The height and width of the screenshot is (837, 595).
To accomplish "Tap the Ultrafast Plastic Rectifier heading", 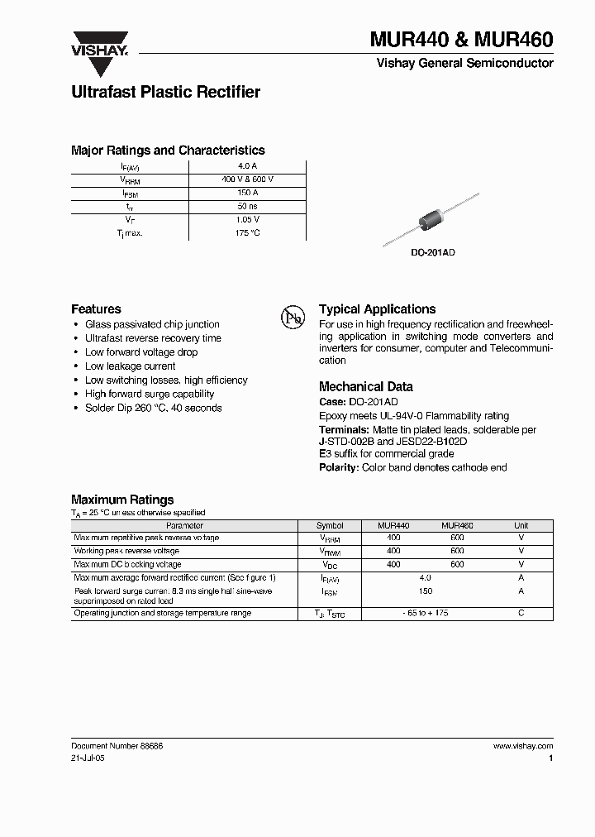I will pos(165,92).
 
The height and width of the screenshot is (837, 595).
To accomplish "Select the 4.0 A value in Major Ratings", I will pos(248,165).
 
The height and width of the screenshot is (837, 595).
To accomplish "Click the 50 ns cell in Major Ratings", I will pos(248,206).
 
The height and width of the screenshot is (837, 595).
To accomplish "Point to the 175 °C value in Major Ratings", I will pos(248,233).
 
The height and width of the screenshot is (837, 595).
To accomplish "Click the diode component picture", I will pos(431,219).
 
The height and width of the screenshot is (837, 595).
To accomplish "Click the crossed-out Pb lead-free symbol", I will pos(293,318).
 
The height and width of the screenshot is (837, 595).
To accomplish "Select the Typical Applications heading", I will pos(377,308).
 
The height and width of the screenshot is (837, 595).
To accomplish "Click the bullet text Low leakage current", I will pos(131,366).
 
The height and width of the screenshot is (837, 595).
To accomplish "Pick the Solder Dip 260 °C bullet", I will pos(153,408).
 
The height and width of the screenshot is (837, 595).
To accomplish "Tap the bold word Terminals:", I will pos(344,430).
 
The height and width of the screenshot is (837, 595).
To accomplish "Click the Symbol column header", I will pos(330,525).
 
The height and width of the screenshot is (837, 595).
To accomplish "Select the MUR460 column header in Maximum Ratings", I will pos(457,525).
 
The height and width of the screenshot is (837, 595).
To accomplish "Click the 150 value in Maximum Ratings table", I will pos(426,591).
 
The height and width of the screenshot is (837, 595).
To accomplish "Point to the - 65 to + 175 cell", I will pos(426,614).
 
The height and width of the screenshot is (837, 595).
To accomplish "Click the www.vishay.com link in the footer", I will pos(523,745).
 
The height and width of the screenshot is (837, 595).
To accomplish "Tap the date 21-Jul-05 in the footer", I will pos(88,758).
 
